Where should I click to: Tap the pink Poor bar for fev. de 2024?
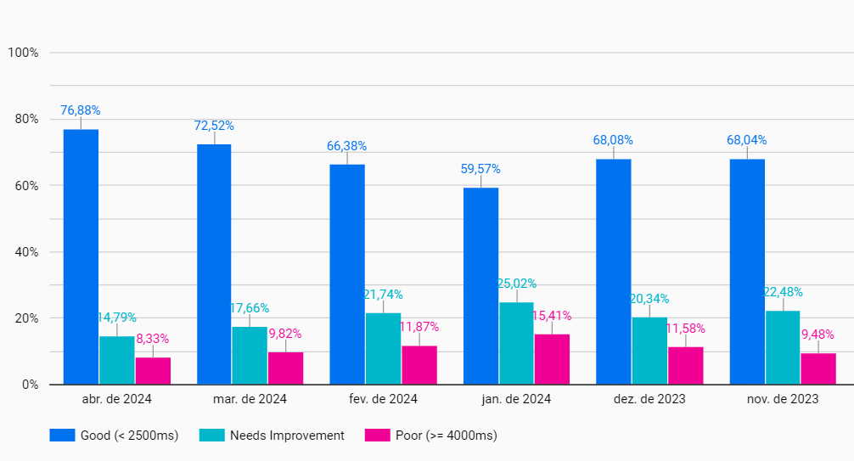(x=419, y=365)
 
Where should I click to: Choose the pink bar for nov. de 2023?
(x=818, y=368)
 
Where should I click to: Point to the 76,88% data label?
(x=81, y=110)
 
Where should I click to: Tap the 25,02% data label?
(x=516, y=284)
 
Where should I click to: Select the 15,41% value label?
(x=552, y=316)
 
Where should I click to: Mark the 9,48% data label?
(x=818, y=335)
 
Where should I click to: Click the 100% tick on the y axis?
(x=23, y=53)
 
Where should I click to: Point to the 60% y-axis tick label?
(x=25, y=186)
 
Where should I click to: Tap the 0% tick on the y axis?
(x=29, y=385)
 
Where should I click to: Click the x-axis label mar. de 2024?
(x=250, y=399)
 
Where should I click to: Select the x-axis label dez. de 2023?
(x=649, y=399)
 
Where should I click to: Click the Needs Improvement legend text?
(x=287, y=436)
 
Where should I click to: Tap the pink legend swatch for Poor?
(x=376, y=436)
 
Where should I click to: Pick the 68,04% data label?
(x=747, y=140)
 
